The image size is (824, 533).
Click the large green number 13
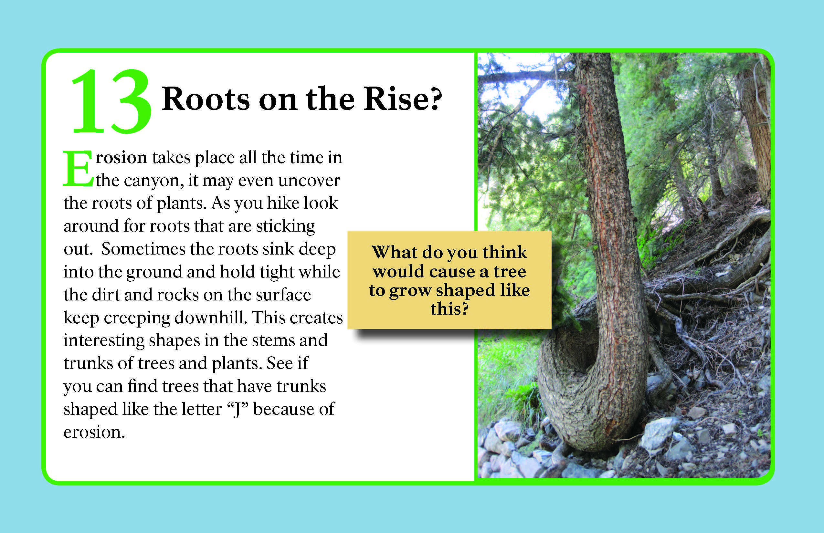tap(111, 101)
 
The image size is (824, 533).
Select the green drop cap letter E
tap(78, 168)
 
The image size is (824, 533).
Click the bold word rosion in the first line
tap(121, 158)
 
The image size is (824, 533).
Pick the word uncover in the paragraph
tap(309, 180)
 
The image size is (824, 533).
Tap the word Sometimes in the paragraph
tap(143, 249)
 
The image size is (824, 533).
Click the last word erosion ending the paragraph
tap(94, 432)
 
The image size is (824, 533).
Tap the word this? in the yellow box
tap(449, 309)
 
